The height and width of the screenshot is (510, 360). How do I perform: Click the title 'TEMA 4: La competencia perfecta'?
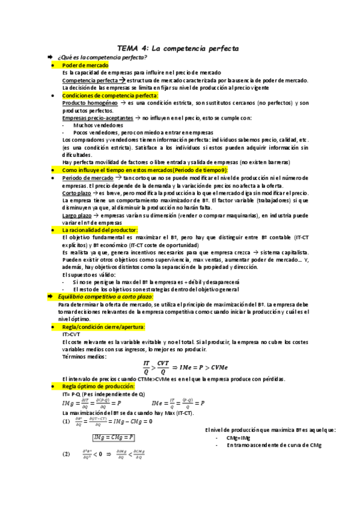178,48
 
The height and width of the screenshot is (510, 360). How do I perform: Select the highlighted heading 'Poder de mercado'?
85,64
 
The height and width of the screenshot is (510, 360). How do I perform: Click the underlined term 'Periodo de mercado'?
87,179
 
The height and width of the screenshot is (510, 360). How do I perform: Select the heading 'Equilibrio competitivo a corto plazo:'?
105,296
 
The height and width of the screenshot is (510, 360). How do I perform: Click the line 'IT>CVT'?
71,334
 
